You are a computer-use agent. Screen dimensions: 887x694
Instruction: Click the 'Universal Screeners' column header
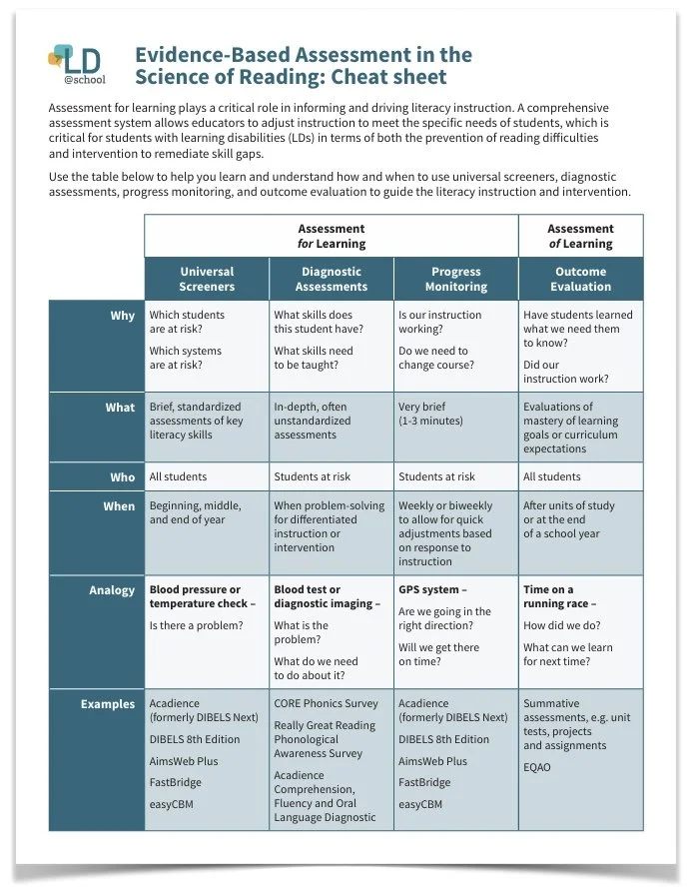[x=207, y=279]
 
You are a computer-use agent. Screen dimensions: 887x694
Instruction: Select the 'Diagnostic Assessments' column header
[x=332, y=279]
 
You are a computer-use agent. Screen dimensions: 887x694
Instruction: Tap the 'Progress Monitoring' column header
[x=455, y=279]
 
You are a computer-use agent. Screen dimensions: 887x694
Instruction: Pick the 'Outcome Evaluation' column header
[x=580, y=279]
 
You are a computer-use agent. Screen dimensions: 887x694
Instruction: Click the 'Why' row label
[x=122, y=316]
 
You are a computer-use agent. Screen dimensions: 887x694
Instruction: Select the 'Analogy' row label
[x=111, y=590]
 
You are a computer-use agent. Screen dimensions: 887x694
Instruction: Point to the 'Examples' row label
[x=107, y=704]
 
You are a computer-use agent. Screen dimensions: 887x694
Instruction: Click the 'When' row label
[x=119, y=506]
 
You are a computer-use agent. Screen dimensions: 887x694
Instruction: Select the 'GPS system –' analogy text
[x=432, y=590]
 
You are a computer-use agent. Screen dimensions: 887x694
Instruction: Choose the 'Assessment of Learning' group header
[x=580, y=236]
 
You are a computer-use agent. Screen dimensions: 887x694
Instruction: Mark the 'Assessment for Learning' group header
[x=332, y=236]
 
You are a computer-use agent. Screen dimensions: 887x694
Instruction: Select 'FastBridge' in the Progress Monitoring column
[x=424, y=783]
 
